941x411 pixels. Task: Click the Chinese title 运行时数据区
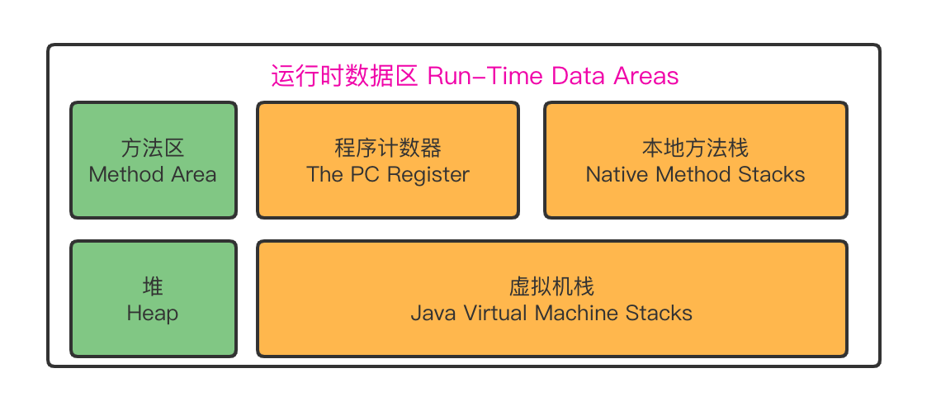[346, 77]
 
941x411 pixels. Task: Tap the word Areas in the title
[645, 77]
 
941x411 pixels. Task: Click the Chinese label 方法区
[153, 149]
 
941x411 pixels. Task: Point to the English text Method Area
[153, 175]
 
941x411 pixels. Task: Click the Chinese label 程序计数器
[388, 149]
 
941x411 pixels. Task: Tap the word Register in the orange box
[428, 175]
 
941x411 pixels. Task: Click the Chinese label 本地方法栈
[695, 149]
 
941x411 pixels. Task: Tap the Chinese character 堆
[153, 287]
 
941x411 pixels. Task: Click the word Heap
[153, 314]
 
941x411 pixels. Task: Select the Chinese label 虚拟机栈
[551, 287]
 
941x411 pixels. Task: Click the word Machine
[577, 314]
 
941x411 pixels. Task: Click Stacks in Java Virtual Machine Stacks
[659, 314]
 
